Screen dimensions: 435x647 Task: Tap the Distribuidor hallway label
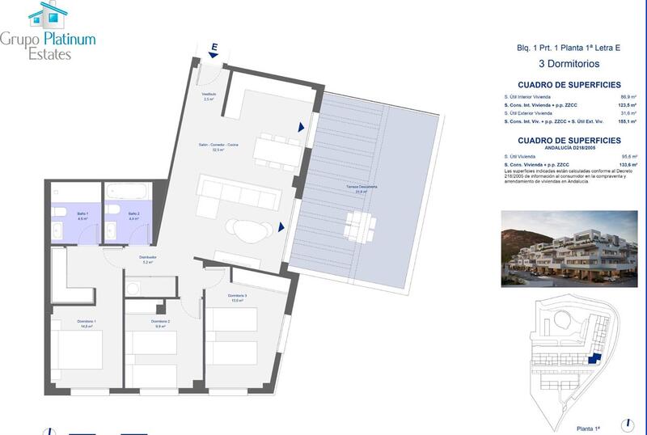[x=147, y=260]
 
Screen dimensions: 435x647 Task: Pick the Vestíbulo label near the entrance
[x=209, y=95]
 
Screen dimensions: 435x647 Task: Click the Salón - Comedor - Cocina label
[x=218, y=146]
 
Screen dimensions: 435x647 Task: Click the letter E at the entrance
[x=214, y=48]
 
